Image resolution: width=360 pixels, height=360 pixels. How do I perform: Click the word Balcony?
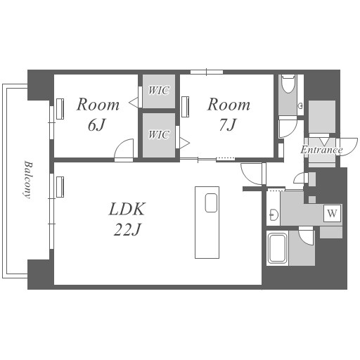pyautogui.click(x=27, y=179)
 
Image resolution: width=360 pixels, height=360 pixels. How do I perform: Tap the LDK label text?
pyautogui.click(x=127, y=209)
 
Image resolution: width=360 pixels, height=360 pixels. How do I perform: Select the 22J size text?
pyautogui.click(x=127, y=229)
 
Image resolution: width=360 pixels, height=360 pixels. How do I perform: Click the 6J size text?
pyautogui.click(x=96, y=124)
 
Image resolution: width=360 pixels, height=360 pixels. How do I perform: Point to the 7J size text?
pyautogui.click(x=228, y=124)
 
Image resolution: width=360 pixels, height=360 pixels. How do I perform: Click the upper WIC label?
pyautogui.click(x=159, y=91)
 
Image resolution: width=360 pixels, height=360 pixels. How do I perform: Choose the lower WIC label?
pyautogui.click(x=159, y=134)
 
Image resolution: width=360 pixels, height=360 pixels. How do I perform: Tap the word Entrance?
pyautogui.click(x=321, y=150)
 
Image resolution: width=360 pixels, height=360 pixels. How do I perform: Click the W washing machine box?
pyautogui.click(x=332, y=213)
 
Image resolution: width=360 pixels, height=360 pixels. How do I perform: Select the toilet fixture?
pyautogui.click(x=288, y=84)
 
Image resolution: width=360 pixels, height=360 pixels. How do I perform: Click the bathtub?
pyautogui.click(x=278, y=248)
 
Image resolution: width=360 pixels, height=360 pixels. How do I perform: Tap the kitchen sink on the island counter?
pyautogui.click(x=211, y=202)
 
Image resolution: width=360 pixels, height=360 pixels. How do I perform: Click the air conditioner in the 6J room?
pyautogui.click(x=60, y=109)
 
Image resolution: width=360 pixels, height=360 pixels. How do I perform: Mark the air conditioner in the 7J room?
pyautogui.click(x=186, y=107)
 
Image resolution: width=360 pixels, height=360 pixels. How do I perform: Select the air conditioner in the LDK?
pyautogui.click(x=60, y=187)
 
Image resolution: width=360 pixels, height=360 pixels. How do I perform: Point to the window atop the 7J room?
pyautogui.click(x=207, y=72)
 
